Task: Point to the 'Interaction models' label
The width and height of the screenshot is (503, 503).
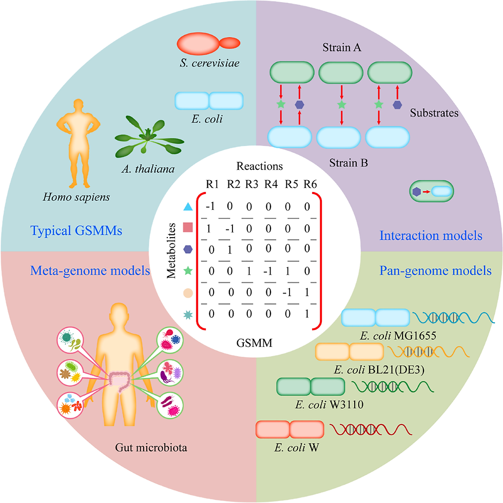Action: click(x=431, y=236)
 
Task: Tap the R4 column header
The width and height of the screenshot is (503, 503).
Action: click(x=271, y=184)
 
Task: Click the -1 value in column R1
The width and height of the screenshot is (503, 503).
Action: click(x=209, y=207)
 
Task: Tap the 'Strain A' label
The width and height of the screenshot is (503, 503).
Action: click(x=342, y=49)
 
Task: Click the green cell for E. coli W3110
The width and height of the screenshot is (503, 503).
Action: click(x=311, y=386)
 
